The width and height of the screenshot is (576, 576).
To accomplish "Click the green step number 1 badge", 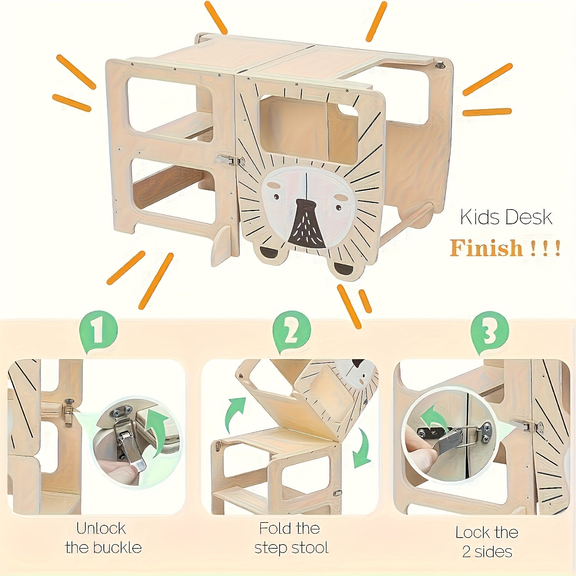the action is point(98,331).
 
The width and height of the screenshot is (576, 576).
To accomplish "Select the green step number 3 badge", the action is point(489,332).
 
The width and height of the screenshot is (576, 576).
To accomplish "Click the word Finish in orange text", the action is point(486,248).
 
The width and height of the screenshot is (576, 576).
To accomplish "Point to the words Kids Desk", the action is point(506,217).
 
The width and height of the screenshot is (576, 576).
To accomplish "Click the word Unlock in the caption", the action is point(101,528).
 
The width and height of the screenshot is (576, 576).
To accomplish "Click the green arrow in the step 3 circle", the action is point(433,417).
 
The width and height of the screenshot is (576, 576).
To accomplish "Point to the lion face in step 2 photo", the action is point(356,373).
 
